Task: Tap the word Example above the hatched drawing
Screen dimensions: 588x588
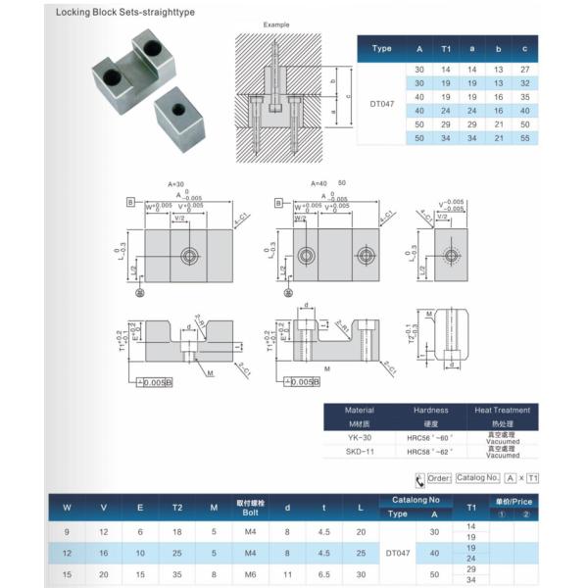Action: point(276,24)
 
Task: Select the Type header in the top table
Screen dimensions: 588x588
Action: point(382,48)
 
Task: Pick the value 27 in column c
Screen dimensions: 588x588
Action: point(524,70)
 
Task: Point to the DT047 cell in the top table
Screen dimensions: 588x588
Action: point(382,103)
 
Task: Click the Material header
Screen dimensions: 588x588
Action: point(360,411)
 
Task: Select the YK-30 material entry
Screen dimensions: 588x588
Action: point(360,438)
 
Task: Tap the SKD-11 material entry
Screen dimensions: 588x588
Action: point(360,453)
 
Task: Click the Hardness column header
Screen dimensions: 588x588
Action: point(431,411)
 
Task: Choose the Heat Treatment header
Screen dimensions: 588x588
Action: point(502,411)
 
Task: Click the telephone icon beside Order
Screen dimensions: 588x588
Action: point(419,479)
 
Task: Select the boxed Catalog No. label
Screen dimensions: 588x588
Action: point(477,478)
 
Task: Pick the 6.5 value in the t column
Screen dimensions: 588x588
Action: point(323,573)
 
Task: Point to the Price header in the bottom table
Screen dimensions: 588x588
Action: point(514,501)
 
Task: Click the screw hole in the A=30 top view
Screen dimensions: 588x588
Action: point(189,256)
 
